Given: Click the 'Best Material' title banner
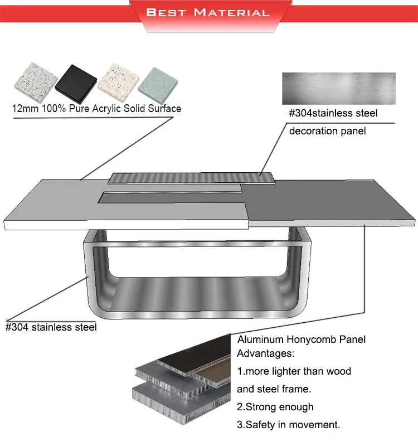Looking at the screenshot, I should (207, 12).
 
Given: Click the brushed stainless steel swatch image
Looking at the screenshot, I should (338, 88).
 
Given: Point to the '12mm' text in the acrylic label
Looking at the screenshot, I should (24, 109).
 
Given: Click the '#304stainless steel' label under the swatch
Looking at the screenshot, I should (333, 114).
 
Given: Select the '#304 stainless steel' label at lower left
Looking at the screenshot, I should (51, 327).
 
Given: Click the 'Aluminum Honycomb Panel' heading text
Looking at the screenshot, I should (301, 340).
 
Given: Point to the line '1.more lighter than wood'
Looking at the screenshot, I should (294, 371).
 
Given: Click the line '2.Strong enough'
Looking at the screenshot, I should (275, 407).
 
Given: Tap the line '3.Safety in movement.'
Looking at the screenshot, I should (288, 425).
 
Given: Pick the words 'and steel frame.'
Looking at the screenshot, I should (274, 389).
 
